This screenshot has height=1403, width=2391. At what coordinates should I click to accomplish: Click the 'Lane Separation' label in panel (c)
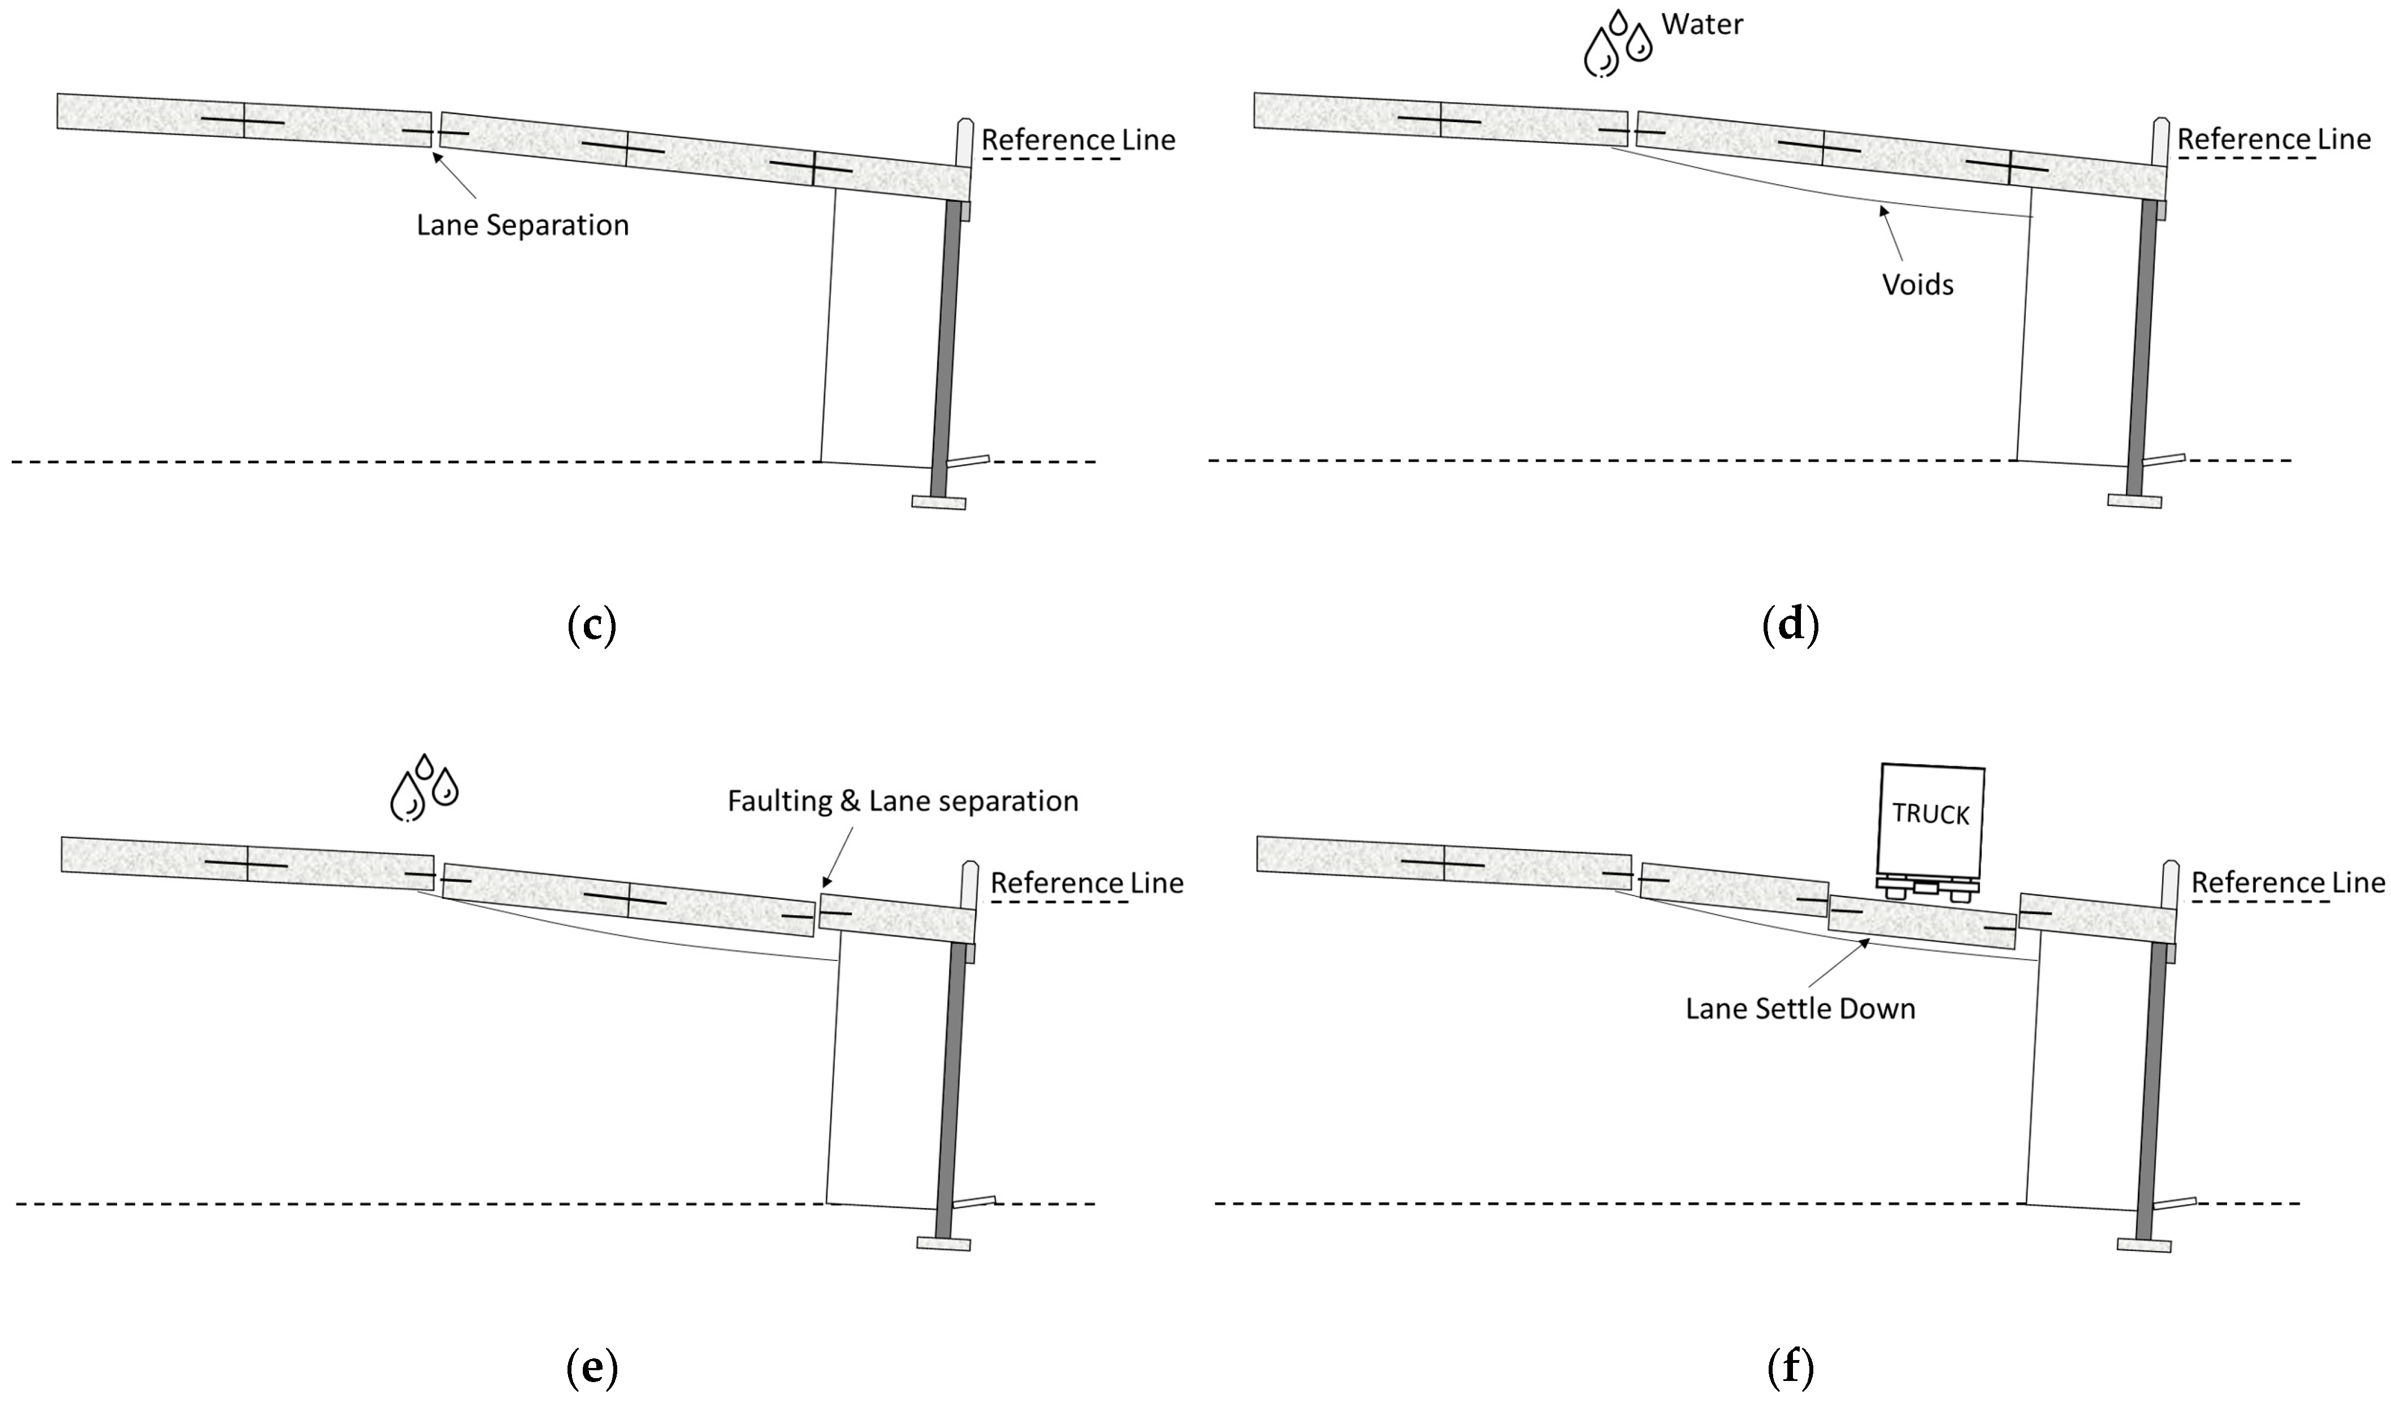pos(523,226)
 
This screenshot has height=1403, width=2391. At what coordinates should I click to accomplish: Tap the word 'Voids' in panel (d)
pos(1917,284)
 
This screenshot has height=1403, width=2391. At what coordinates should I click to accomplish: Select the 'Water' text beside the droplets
pos(1702,25)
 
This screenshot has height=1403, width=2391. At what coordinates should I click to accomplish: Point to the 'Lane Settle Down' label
pos(1800,1008)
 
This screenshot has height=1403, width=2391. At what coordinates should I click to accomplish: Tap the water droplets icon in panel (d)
pos(1618,44)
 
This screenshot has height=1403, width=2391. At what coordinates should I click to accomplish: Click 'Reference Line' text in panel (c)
pos(1078,140)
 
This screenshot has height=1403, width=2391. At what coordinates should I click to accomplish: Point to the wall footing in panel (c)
pos(938,502)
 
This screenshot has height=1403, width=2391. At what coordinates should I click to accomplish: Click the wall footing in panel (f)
pos(2143,1245)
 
